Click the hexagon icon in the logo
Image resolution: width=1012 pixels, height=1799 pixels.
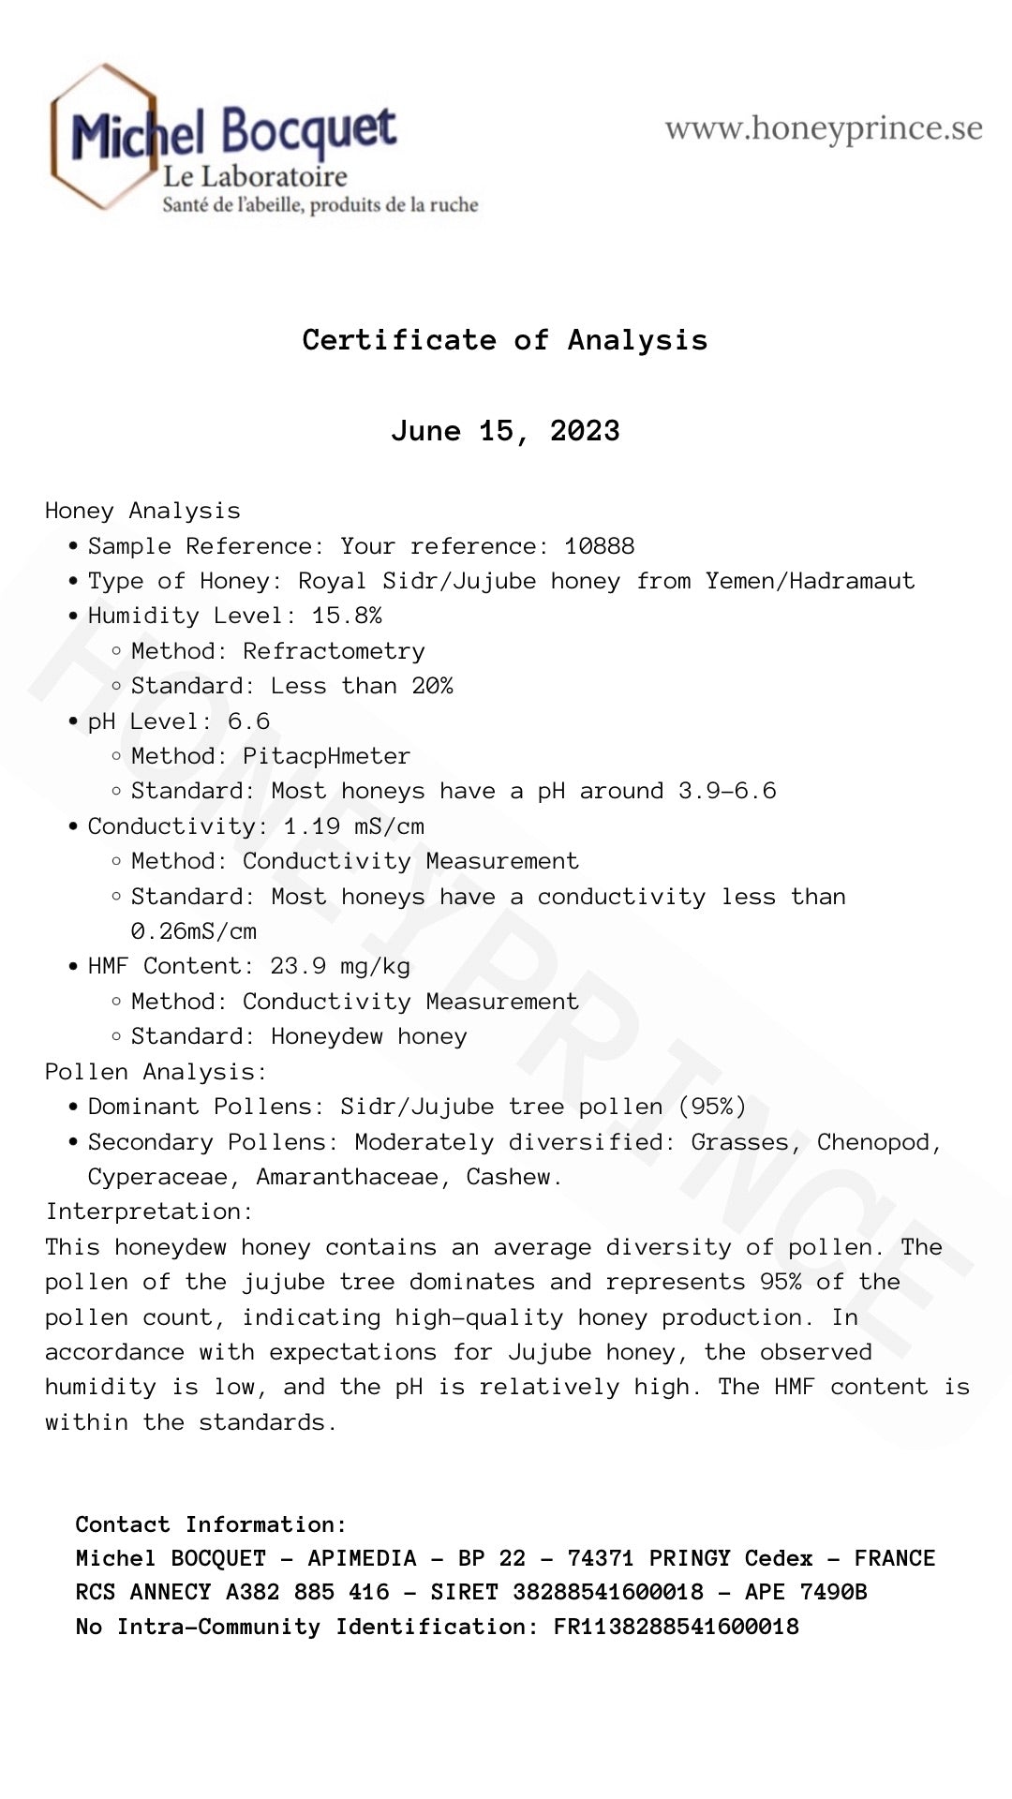[x=103, y=137]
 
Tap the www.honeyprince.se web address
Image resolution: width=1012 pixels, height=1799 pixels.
[x=824, y=128]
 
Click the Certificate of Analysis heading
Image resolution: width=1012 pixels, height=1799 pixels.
[x=505, y=340]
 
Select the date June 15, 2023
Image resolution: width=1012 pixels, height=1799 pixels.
[x=505, y=431]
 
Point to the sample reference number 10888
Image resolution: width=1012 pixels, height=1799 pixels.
[x=600, y=546]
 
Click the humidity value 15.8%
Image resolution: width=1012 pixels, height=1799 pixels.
[x=347, y=616]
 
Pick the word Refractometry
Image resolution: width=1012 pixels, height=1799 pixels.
[x=334, y=651]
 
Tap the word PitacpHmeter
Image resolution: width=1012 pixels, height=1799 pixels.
[x=326, y=756]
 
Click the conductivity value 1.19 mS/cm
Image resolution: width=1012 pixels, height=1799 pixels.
[x=354, y=826]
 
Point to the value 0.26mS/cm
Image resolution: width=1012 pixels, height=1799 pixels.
[x=194, y=931]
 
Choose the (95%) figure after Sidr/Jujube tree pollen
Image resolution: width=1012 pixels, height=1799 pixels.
[x=712, y=1107]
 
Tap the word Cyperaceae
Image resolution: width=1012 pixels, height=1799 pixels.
[x=157, y=1177]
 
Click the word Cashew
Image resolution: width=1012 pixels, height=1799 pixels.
[x=513, y=1177]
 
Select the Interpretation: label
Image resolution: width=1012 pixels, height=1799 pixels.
[x=149, y=1212]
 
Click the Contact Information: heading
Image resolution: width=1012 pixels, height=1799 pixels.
[x=211, y=1524]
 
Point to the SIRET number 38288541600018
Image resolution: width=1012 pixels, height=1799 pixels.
[x=607, y=1592]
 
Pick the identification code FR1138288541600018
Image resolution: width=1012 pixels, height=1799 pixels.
[x=676, y=1627]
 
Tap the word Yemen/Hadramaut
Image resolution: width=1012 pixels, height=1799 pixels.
[x=810, y=581]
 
